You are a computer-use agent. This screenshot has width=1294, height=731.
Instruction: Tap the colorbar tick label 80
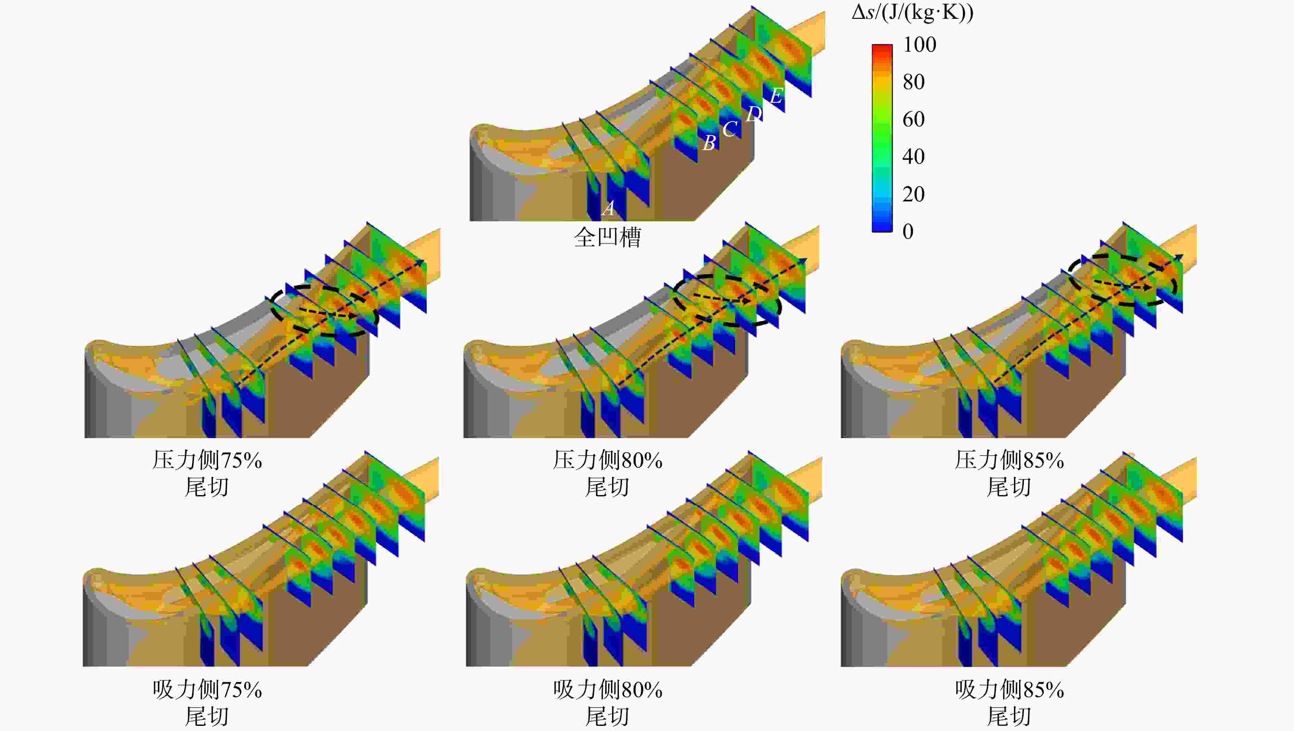click(913, 82)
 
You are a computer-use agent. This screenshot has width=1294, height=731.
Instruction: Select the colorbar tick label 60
click(913, 119)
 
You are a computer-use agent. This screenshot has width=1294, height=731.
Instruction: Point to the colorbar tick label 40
click(913, 156)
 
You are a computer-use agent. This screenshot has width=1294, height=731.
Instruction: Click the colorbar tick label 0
click(908, 231)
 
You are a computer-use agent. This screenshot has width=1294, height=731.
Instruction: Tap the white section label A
click(608, 208)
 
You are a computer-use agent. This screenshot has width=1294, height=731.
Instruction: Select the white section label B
click(709, 143)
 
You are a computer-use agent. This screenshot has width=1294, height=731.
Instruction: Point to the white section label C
click(730, 129)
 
